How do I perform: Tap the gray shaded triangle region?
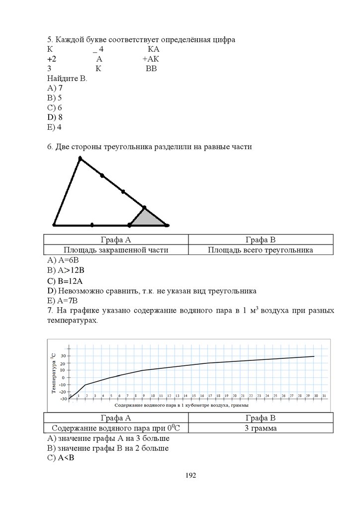(148, 219)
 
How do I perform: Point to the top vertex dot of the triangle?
(80, 159)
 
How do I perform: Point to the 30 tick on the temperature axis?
(63, 356)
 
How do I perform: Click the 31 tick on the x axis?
(324, 396)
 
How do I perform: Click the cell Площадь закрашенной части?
(116, 250)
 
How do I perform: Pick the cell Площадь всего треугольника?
(260, 250)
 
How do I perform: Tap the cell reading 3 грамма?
(261, 428)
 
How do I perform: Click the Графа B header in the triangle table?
(260, 239)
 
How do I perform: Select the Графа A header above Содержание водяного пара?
(116, 418)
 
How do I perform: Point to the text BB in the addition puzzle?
(151, 69)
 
